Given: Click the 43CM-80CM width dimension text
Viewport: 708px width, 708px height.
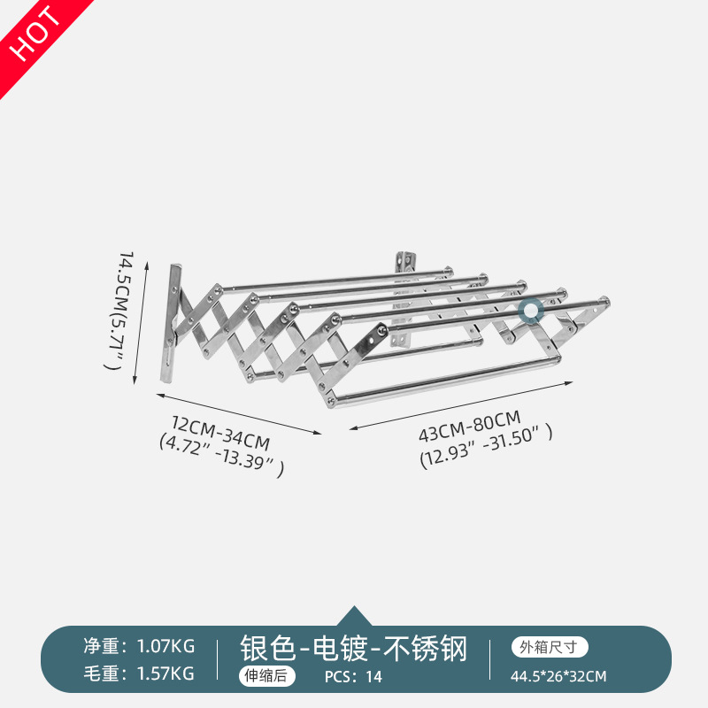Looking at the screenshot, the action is (468, 417).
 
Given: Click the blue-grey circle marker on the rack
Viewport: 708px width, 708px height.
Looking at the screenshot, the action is (531, 311).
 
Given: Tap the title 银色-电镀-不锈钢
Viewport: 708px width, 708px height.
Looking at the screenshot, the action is (353, 649).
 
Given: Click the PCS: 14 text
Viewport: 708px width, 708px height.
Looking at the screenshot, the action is (354, 677).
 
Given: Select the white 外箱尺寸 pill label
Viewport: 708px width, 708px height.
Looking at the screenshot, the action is (549, 647).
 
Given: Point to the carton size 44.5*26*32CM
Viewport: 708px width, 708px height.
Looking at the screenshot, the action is (558, 677).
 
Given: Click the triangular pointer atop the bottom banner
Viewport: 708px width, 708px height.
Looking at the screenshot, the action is (354, 616).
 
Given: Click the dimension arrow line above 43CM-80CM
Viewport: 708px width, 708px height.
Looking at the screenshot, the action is (458, 405).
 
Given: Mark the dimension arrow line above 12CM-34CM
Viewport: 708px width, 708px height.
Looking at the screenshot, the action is (239, 413).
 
